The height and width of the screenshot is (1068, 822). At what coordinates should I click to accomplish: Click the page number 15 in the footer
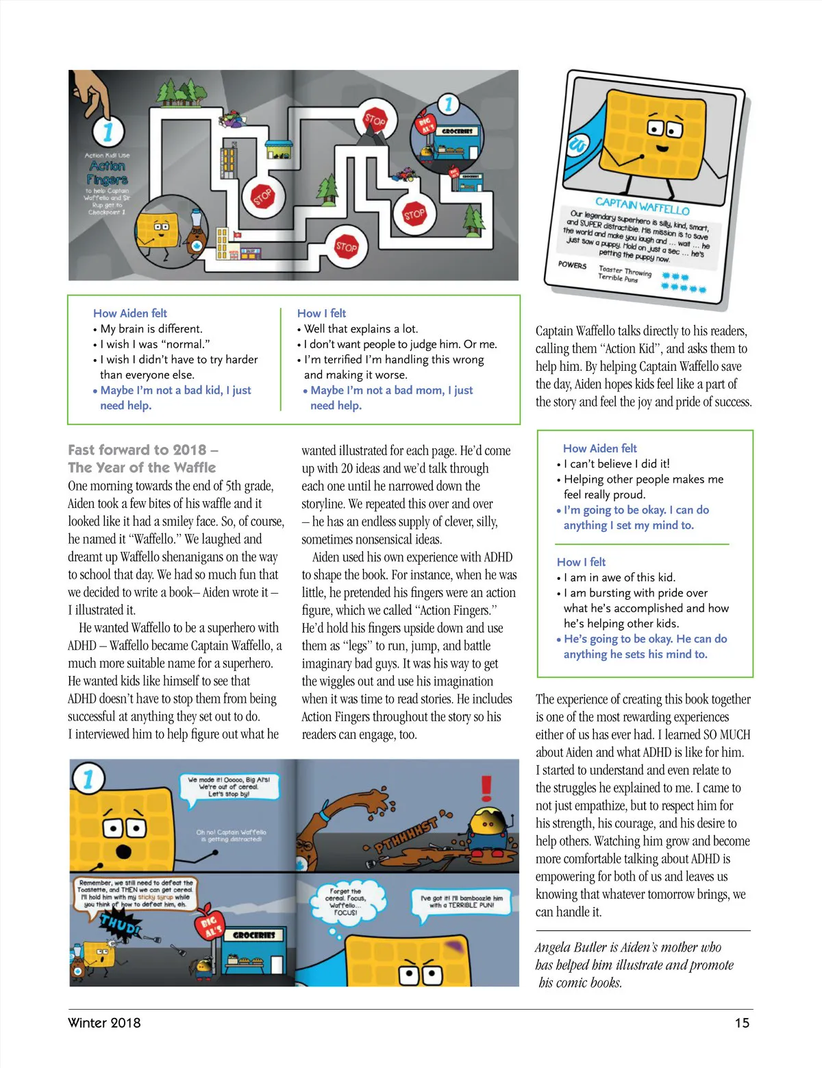pos(742,1023)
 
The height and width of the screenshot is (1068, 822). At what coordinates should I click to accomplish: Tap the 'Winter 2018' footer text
pos(104,1023)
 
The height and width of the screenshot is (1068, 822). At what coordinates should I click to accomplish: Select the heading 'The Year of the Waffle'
pos(142,468)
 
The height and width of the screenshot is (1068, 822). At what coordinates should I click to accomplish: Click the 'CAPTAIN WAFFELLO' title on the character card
pos(642,205)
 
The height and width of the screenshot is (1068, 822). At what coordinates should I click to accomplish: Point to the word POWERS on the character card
pos(572,265)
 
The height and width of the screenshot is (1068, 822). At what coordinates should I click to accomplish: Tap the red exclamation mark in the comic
pos(486,788)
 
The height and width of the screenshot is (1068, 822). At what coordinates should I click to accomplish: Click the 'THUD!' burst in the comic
pos(121,926)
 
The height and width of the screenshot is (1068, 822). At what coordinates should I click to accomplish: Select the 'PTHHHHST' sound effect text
pos(406,834)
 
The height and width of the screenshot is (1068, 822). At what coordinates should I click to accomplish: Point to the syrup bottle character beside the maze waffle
pos(195,237)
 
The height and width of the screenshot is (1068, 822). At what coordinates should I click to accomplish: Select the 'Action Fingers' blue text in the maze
pos(108,173)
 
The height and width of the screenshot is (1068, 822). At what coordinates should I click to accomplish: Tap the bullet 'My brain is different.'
pos(151,328)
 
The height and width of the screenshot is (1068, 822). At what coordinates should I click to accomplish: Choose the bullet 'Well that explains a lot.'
pos(361,328)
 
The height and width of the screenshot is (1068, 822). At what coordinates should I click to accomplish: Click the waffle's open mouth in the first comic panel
pos(124,851)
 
